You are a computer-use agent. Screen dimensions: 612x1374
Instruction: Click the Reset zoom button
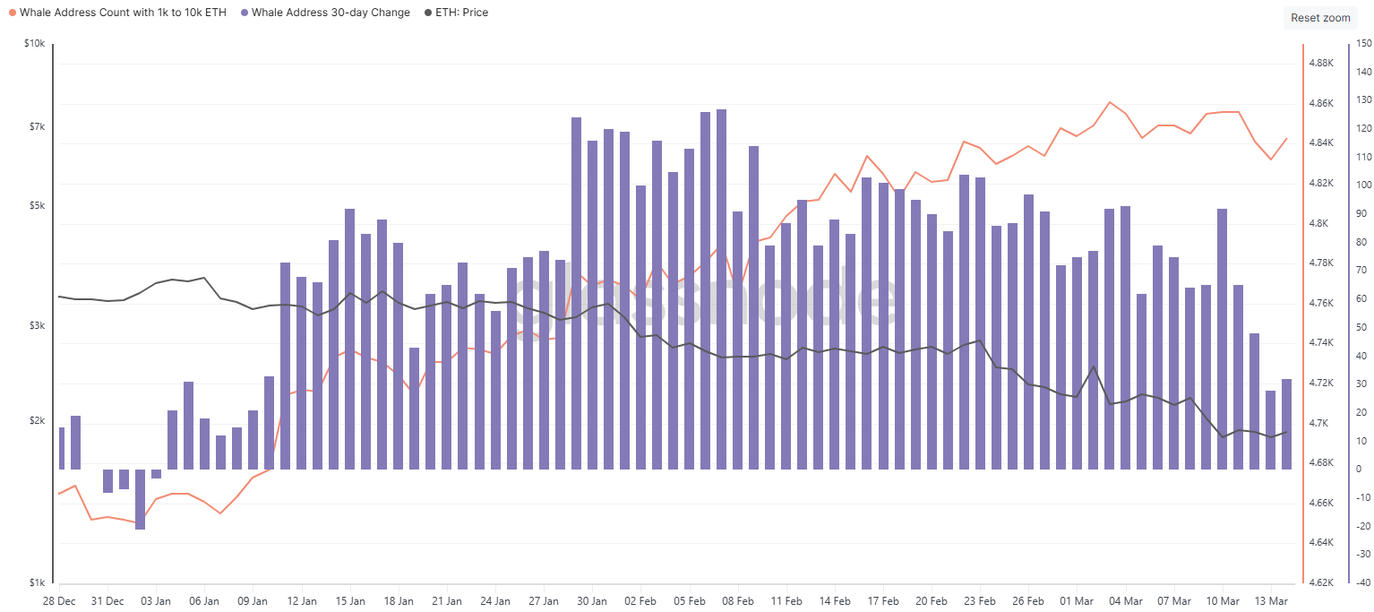pyautogui.click(x=1319, y=18)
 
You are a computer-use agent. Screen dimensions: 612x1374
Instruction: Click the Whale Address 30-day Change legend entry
pyautogui.click(x=331, y=13)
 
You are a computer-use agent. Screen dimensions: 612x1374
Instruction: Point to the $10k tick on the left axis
pyautogui.click(x=34, y=44)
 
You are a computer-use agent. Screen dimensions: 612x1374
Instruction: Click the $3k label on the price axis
pyautogui.click(x=36, y=326)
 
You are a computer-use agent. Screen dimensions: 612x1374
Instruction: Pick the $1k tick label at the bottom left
pyautogui.click(x=36, y=582)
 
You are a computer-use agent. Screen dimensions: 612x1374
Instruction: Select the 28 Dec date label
pyautogui.click(x=59, y=600)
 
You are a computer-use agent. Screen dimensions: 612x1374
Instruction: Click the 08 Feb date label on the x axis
pyautogui.click(x=738, y=600)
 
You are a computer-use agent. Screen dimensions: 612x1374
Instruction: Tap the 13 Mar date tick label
pyautogui.click(x=1271, y=600)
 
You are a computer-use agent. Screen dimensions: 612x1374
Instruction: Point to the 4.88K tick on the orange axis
pyautogui.click(x=1322, y=64)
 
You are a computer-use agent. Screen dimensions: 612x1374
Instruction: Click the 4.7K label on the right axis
pyautogui.click(x=1320, y=423)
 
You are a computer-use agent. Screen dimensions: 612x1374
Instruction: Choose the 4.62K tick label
pyautogui.click(x=1322, y=582)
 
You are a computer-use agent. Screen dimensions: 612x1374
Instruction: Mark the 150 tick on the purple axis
pyautogui.click(x=1364, y=44)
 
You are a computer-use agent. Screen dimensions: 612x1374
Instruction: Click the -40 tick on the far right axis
pyautogui.click(x=1363, y=582)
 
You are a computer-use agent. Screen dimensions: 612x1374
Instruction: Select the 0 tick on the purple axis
pyautogui.click(x=1359, y=469)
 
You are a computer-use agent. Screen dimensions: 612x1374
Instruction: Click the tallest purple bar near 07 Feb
pyautogui.click(x=721, y=287)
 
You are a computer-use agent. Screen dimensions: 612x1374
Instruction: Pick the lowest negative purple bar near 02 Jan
pyautogui.click(x=140, y=499)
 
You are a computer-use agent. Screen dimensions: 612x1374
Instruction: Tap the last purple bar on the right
pyautogui.click(x=1286, y=424)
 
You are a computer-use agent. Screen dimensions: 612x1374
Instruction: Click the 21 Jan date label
pyautogui.click(x=447, y=600)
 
